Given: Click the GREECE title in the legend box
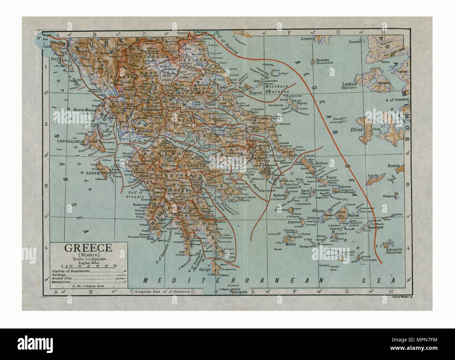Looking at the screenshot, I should (x=87, y=248).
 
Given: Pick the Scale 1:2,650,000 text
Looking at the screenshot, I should (x=87, y=259).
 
